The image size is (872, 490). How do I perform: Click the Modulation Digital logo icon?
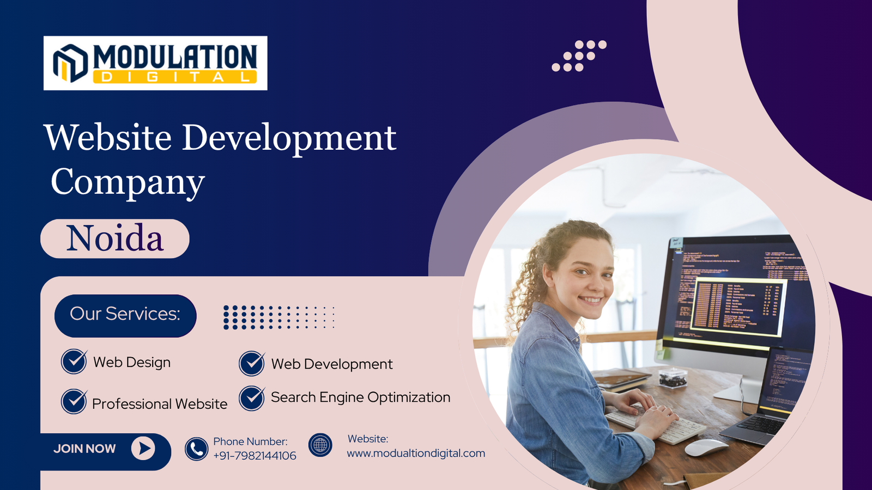(x=70, y=63)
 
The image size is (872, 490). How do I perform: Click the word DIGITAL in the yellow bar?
(x=174, y=77)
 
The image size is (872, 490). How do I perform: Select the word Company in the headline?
(x=128, y=182)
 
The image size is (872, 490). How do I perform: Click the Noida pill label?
(x=115, y=238)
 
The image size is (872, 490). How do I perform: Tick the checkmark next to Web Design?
(x=74, y=362)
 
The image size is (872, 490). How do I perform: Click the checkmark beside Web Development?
(x=252, y=363)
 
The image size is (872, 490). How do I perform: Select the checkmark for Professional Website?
(x=74, y=402)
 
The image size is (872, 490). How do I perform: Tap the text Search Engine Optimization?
(x=360, y=397)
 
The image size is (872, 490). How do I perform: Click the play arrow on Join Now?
(x=143, y=448)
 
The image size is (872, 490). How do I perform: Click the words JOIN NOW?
(x=84, y=449)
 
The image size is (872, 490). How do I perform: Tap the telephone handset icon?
(x=196, y=449)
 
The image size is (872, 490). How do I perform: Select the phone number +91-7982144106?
(x=255, y=456)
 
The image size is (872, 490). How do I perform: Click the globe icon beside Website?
(x=320, y=445)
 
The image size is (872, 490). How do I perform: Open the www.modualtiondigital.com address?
(x=416, y=453)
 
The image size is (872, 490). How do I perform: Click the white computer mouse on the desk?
(x=706, y=448)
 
